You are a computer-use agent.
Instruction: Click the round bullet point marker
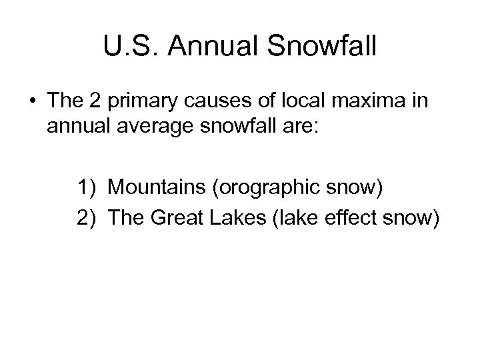point(33,102)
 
